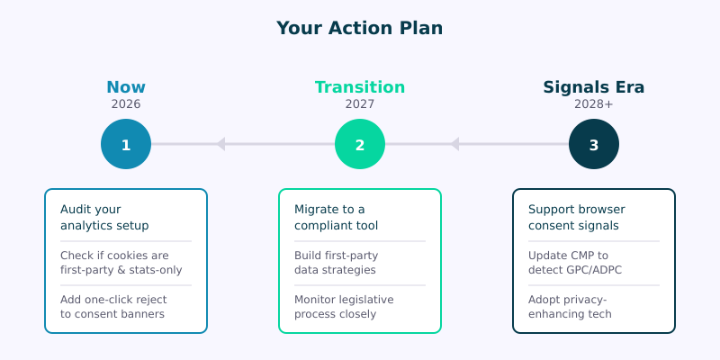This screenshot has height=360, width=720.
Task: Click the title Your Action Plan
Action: [360, 28]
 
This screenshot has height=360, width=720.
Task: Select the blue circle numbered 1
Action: [126, 144]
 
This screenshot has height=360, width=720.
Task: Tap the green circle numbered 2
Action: [360, 144]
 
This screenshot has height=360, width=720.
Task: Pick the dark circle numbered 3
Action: [594, 144]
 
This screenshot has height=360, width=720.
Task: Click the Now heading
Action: [126, 87]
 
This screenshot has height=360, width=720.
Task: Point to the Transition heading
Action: [360, 87]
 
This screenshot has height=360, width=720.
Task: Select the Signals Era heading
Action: [594, 87]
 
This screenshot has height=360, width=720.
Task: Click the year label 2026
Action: [126, 104]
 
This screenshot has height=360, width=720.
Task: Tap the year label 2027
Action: [360, 104]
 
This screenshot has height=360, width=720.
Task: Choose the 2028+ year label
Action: [594, 104]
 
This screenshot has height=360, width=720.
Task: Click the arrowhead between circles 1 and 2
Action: [220, 144]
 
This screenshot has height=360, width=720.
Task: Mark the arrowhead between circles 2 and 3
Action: [454, 144]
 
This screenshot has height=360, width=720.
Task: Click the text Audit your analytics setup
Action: [104, 217]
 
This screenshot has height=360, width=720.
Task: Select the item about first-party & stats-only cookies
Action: [114, 262]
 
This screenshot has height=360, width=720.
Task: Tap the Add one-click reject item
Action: [112, 306]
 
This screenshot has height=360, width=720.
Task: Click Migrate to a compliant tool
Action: [336, 217]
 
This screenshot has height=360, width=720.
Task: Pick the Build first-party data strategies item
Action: [336, 262]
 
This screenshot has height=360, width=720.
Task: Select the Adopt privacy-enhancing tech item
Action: [570, 306]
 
